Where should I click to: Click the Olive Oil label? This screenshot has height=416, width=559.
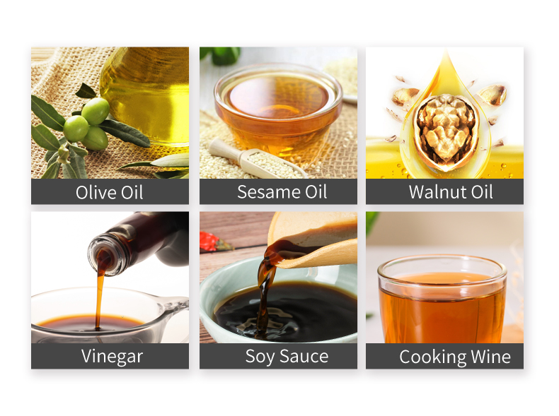point(110,193)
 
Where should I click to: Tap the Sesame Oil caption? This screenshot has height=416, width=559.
point(282,192)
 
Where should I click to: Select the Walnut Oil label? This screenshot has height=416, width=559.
point(451,192)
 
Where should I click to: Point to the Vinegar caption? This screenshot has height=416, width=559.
point(112,357)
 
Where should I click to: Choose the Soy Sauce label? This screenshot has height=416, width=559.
point(287,357)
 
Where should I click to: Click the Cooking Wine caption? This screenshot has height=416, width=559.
point(455,357)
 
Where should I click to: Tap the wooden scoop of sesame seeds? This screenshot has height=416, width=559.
point(257,159)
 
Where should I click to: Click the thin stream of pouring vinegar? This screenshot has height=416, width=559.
point(99,299)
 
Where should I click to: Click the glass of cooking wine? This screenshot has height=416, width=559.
point(442,299)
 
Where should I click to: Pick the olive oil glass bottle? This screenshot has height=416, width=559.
point(146,96)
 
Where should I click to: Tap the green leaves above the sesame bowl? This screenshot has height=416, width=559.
point(221,55)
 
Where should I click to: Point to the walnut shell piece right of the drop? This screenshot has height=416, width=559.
point(493,94)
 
